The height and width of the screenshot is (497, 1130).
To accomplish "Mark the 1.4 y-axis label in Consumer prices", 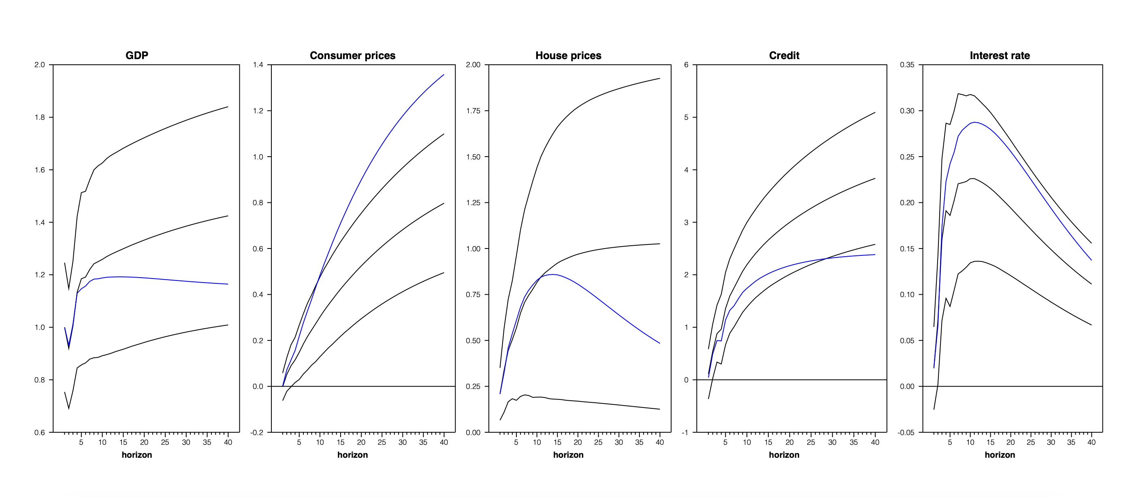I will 258,65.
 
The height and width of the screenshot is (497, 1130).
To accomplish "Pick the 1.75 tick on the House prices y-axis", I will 473,111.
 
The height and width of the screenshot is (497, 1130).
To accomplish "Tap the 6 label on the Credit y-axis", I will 686,65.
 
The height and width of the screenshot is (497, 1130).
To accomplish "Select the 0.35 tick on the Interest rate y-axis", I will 907,65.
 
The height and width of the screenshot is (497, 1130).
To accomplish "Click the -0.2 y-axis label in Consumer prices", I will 257,433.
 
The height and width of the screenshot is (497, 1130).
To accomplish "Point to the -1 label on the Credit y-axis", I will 685,433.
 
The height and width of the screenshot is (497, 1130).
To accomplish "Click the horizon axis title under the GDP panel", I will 137,455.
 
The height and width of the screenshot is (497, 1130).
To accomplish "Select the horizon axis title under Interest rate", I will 1000,455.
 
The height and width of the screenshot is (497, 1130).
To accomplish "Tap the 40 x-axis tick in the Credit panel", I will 875,443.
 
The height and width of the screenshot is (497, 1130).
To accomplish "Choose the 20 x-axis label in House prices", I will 578,443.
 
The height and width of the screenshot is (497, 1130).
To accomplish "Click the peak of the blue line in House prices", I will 553,274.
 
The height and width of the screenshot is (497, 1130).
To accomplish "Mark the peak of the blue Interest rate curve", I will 974,122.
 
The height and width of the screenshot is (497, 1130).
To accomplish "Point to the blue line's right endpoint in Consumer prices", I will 444,74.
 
